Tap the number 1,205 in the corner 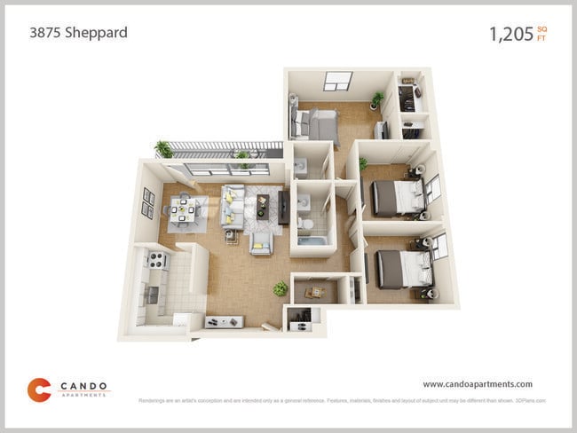(510, 35)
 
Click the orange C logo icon (38, 390)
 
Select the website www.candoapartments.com (478, 384)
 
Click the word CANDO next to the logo (84, 386)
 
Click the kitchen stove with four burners (158, 261)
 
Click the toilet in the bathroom (304, 222)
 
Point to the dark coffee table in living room (264, 206)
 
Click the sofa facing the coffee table (233, 205)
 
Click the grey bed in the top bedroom (317, 126)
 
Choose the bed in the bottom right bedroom (401, 267)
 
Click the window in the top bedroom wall (337, 81)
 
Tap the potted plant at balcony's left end (164, 149)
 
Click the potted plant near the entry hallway (281, 289)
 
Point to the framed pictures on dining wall (147, 203)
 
